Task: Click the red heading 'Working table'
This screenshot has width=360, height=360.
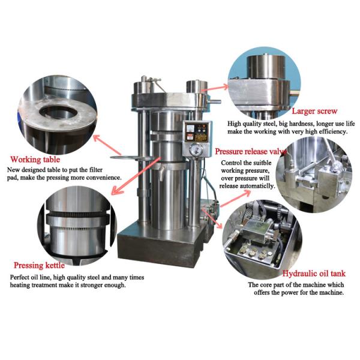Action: [35, 160]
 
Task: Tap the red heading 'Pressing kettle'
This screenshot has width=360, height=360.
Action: [39, 265]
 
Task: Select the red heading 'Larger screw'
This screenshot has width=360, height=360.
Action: [314, 111]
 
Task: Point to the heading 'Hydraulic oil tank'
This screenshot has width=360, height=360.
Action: [314, 273]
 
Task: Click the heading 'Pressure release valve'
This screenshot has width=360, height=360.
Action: [251, 152]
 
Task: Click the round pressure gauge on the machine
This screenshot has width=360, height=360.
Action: [197, 149]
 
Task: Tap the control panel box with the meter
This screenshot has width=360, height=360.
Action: [197, 132]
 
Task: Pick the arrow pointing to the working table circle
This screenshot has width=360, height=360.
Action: [107, 145]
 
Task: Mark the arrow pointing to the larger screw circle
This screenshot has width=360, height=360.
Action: [215, 88]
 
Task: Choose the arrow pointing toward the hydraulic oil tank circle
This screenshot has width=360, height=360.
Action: [212, 219]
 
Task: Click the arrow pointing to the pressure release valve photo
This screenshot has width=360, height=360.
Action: [236, 199]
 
